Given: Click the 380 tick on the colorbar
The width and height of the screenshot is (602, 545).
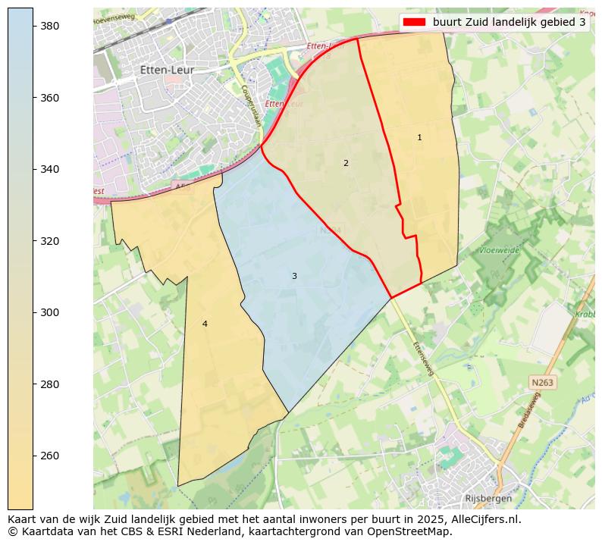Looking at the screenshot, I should point(50,26).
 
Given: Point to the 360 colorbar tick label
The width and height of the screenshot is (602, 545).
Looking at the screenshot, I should point(50,98).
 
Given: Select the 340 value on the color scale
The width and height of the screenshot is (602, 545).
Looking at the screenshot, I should point(50,169).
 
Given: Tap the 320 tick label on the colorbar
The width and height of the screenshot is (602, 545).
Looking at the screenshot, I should point(50,241).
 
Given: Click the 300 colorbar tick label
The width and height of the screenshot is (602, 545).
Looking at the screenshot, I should point(50,312).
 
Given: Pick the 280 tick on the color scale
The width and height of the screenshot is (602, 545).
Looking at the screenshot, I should point(50,384).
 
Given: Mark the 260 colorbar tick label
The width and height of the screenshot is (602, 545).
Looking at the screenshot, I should point(50,456).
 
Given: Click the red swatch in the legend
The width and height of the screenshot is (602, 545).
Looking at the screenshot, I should point(415,22).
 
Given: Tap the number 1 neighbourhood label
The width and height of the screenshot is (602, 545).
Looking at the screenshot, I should point(419,138).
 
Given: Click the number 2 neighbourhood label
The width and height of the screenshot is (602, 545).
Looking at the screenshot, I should point(346,163).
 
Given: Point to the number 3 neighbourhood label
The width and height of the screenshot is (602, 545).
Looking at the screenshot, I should point(294,276).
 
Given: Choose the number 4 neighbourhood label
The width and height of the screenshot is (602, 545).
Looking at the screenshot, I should point(205,324).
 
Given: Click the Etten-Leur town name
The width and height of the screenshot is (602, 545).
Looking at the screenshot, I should point(167,70).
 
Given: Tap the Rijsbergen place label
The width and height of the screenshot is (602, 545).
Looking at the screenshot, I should point(488,499).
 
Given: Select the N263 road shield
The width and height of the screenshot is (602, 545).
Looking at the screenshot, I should point(542,383).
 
